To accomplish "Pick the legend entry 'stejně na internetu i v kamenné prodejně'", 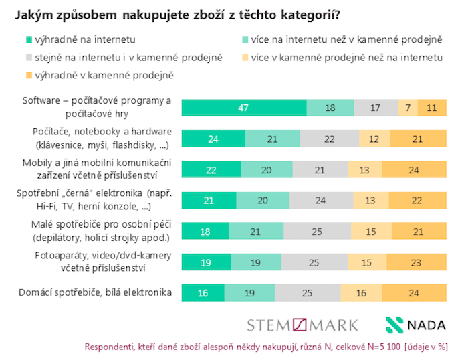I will (x=106, y=58).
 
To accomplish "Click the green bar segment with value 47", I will (x=244, y=108).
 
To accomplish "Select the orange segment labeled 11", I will (x=432, y=108).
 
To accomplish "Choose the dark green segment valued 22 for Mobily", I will (x=211, y=170).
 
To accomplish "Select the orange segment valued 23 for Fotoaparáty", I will (x=417, y=262).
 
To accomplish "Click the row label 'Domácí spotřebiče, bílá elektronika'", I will (x=98, y=292).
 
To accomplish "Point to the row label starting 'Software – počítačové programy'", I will (x=97, y=107).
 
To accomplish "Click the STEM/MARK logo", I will (x=302, y=325).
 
